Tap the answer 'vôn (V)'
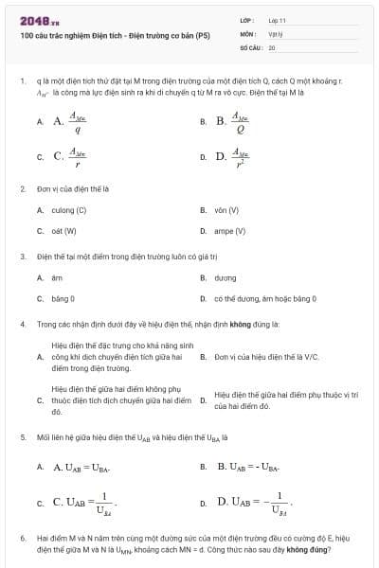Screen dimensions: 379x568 click(x=226, y=210)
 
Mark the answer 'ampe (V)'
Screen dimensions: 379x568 click(x=229, y=230)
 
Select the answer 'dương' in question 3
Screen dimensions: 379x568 click(x=225, y=278)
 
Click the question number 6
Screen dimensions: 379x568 click(x=22, y=538)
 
